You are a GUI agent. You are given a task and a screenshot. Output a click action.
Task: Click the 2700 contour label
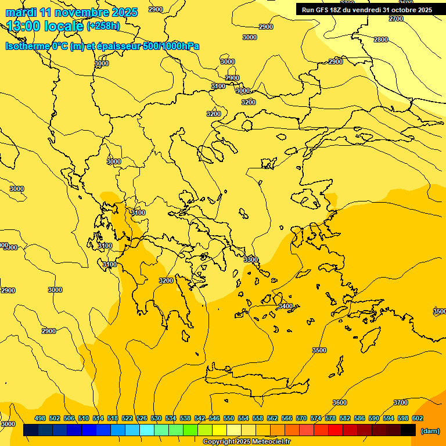(x=396, y=19)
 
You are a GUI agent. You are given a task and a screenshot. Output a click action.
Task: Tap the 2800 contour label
(x=381, y=39)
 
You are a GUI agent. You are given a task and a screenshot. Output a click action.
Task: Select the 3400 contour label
(x=286, y=306)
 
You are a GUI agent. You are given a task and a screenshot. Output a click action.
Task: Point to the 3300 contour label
(x=251, y=260)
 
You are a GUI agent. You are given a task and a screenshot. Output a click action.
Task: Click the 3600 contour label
(x=340, y=402)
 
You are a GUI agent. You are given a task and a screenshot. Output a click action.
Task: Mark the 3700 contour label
(x=401, y=402)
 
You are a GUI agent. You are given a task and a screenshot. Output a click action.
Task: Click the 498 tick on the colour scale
(x=40, y=418)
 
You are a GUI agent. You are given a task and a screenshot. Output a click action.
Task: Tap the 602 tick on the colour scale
(x=418, y=418)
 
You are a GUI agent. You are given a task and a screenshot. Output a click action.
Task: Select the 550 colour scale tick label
(x=229, y=418)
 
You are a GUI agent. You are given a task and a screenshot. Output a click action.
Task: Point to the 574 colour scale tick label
(x=316, y=418)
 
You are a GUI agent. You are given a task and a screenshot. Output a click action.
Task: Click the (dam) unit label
(x=430, y=431)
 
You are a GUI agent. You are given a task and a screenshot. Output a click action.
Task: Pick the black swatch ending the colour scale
(x=408, y=430)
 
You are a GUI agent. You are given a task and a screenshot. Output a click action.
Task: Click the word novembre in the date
(x=87, y=12)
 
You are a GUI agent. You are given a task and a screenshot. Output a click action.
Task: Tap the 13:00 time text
(x=23, y=26)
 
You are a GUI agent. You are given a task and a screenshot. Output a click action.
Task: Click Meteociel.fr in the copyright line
(x=268, y=442)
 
